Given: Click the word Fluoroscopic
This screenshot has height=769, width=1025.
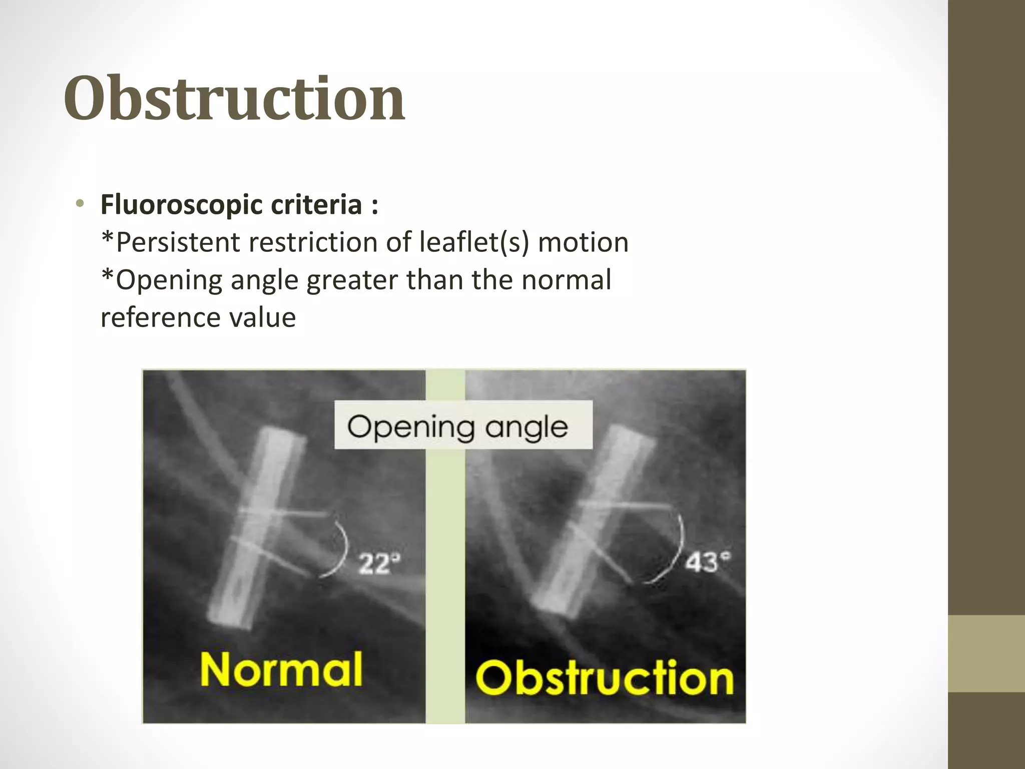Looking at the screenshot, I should pos(181,205).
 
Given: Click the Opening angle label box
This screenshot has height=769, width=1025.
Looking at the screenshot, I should pos(463,426).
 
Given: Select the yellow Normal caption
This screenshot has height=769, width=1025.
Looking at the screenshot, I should pos(281,669).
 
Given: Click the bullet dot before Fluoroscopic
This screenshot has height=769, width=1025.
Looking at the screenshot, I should pos(80,204).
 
